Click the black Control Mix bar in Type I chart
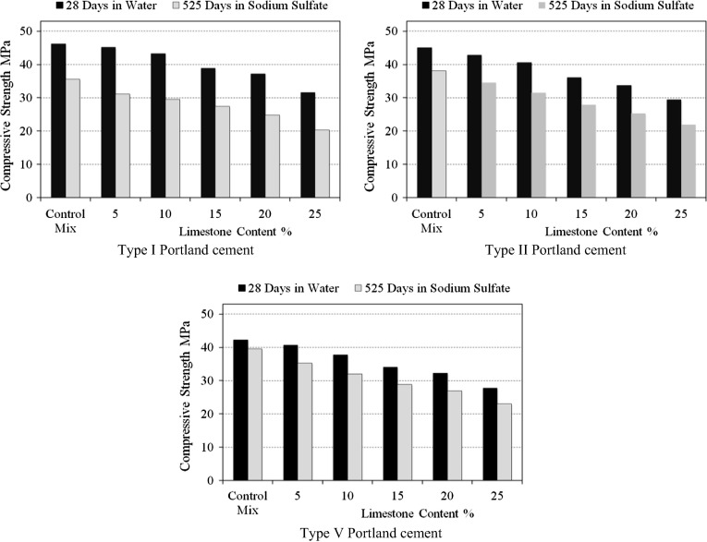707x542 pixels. (x=58, y=121)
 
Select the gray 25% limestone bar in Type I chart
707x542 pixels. (x=322, y=163)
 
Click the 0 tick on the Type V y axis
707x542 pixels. (x=215, y=481)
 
